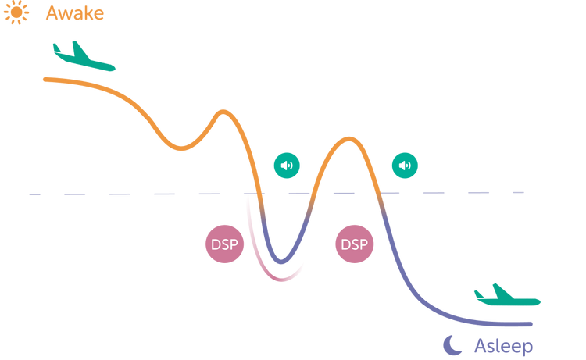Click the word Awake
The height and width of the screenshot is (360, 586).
(75, 13)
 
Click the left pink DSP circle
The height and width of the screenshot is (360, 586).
(224, 244)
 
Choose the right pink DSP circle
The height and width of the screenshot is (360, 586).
(355, 244)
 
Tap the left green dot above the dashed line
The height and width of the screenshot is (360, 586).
(287, 164)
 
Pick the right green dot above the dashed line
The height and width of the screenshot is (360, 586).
(405, 164)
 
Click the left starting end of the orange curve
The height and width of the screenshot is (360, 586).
(45, 79)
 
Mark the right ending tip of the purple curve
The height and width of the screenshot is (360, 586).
(531, 323)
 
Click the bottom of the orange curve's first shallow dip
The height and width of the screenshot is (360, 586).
(184, 146)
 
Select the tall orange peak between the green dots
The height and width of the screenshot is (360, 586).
(344, 141)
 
